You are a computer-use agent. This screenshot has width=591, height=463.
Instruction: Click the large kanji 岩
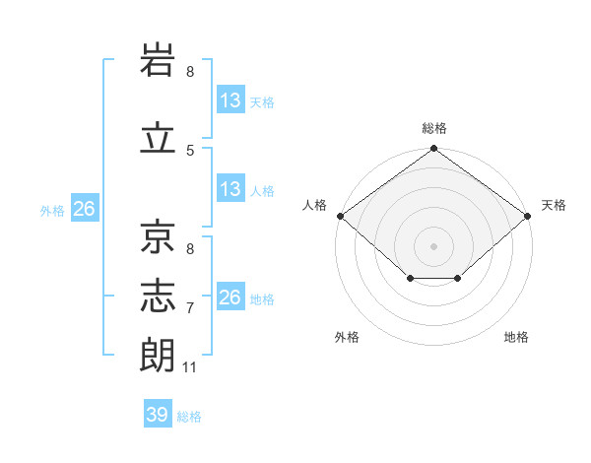coord(158,59)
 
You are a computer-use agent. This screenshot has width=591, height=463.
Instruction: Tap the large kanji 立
coord(158,137)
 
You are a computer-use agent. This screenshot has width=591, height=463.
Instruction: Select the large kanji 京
coord(158,236)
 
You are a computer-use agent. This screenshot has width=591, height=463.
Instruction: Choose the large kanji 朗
coord(157,355)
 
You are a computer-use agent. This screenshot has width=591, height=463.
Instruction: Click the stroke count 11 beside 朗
coord(189,367)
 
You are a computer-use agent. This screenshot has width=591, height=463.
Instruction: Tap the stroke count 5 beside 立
coord(190,151)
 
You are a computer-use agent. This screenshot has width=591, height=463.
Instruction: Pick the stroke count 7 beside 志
coord(190,308)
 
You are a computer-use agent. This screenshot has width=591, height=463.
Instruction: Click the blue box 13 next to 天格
coord(230,99)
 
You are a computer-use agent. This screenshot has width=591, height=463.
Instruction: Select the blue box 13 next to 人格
coord(230,188)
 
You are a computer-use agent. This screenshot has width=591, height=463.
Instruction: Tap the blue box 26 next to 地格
coord(230,296)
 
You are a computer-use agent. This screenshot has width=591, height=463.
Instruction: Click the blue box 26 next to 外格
coord(85,208)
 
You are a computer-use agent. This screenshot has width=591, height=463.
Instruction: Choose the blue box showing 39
coord(158,413)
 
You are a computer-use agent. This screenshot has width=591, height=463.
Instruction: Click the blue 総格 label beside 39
coord(189,417)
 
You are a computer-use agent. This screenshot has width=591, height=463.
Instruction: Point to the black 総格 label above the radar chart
coord(434,128)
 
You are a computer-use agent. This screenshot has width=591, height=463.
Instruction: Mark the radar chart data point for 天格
coord(527,216)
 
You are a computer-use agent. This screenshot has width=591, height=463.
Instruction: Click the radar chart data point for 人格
coord(341,216)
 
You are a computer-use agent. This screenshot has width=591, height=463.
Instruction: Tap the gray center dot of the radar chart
coord(433,246)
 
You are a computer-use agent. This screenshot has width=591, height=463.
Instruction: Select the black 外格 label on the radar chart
coord(347,337)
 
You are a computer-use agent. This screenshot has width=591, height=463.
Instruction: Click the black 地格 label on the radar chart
coord(516,337)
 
